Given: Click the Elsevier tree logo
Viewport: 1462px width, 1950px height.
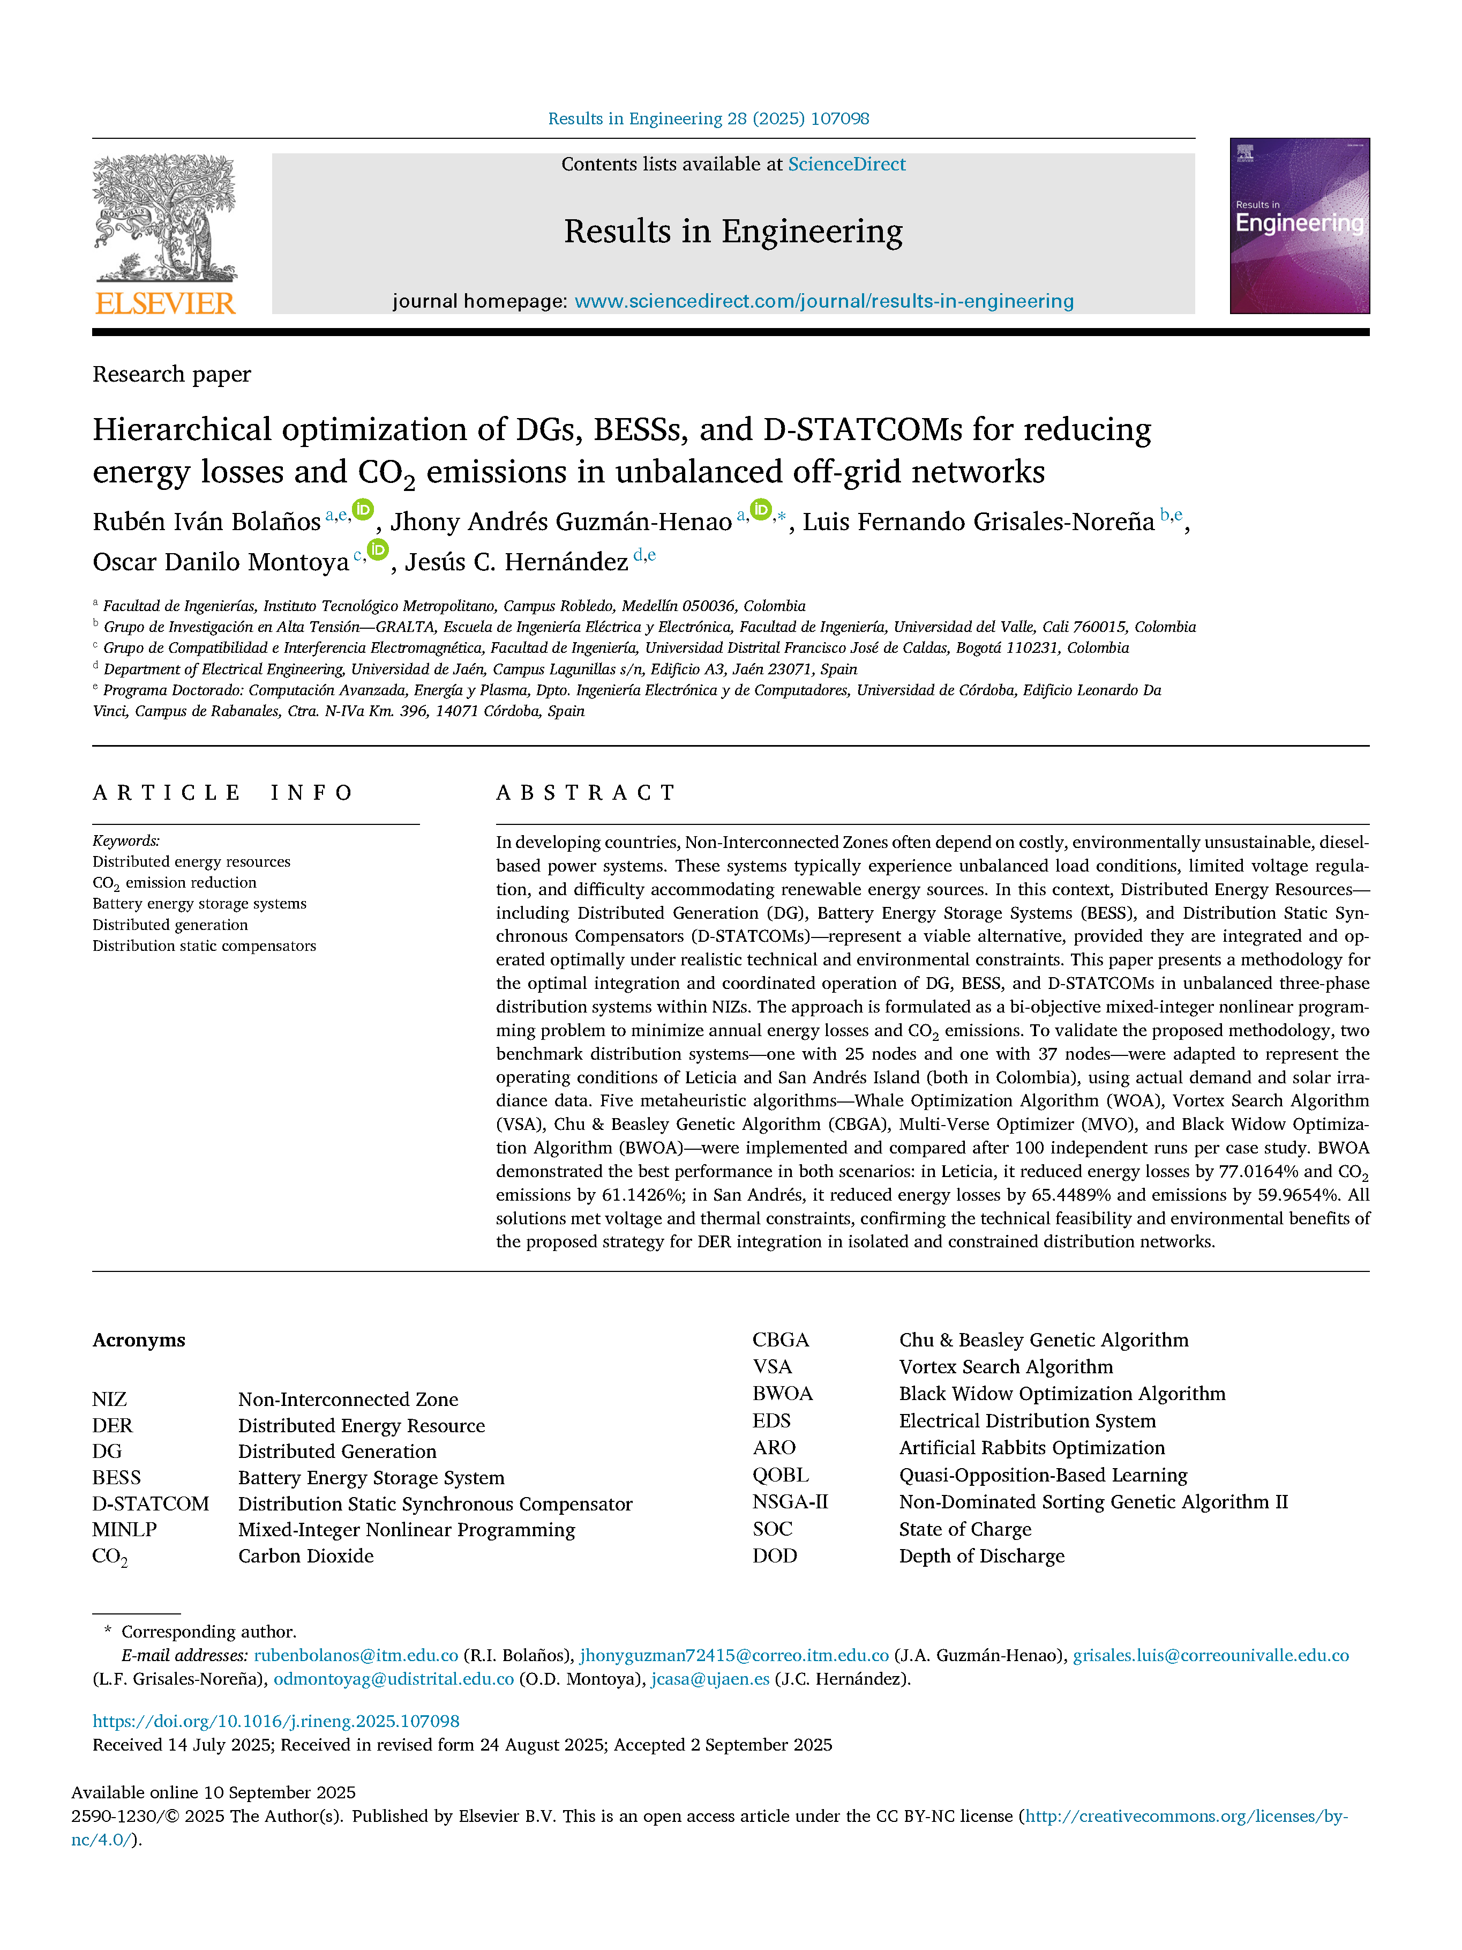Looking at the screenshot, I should click(165, 218).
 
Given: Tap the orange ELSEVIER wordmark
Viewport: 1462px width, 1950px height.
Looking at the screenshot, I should click(165, 303).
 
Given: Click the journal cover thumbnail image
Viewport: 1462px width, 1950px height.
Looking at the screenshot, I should click(1299, 226).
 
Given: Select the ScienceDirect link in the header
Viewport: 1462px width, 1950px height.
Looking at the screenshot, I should click(846, 164).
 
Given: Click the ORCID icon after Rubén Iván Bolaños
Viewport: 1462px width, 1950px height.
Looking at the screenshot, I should click(363, 510).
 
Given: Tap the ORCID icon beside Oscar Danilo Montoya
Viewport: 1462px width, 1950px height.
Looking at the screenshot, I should click(377, 550).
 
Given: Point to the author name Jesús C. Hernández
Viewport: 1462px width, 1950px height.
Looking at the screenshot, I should click(516, 562).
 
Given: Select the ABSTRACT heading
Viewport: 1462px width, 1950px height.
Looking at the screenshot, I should click(586, 793).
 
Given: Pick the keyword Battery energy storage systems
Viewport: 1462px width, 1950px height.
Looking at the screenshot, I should click(199, 904).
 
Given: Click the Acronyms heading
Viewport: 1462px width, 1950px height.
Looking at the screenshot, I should click(138, 1340).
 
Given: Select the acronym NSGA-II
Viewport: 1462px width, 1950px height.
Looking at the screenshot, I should click(790, 1501).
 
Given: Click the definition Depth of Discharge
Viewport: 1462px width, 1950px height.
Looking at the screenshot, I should click(981, 1556).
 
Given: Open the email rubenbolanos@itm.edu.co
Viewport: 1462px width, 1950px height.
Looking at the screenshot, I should click(356, 1656).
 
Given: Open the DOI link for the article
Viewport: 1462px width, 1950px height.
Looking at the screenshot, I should click(276, 1721).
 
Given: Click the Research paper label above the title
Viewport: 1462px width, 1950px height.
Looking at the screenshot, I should click(172, 375).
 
